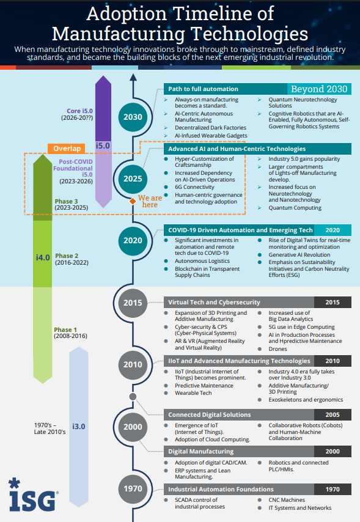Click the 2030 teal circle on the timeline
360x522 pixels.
click(133, 117)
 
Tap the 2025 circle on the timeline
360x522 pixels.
click(133, 178)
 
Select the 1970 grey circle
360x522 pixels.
click(133, 489)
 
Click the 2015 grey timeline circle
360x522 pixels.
click(133, 303)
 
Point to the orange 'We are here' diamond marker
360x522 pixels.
click(131, 200)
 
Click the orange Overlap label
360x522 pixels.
click(67, 149)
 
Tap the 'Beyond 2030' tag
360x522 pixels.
click(318, 89)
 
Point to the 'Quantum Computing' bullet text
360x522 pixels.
click(295, 208)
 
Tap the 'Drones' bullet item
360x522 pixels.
click(277, 349)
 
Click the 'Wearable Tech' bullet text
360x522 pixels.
click(193, 393)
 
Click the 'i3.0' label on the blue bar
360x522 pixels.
click(79, 425)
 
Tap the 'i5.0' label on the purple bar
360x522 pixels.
click(103, 146)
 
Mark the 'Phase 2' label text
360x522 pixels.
click(66, 255)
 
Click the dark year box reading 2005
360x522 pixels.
click(332, 414)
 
